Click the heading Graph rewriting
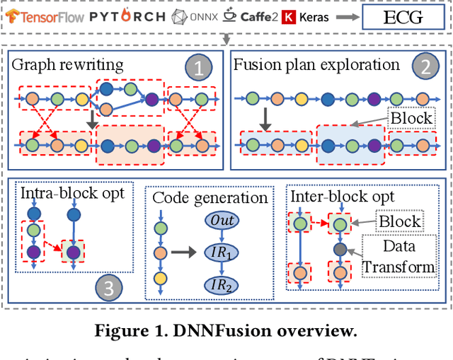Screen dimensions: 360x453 [67, 64]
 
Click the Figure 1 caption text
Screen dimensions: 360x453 [226, 330]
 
